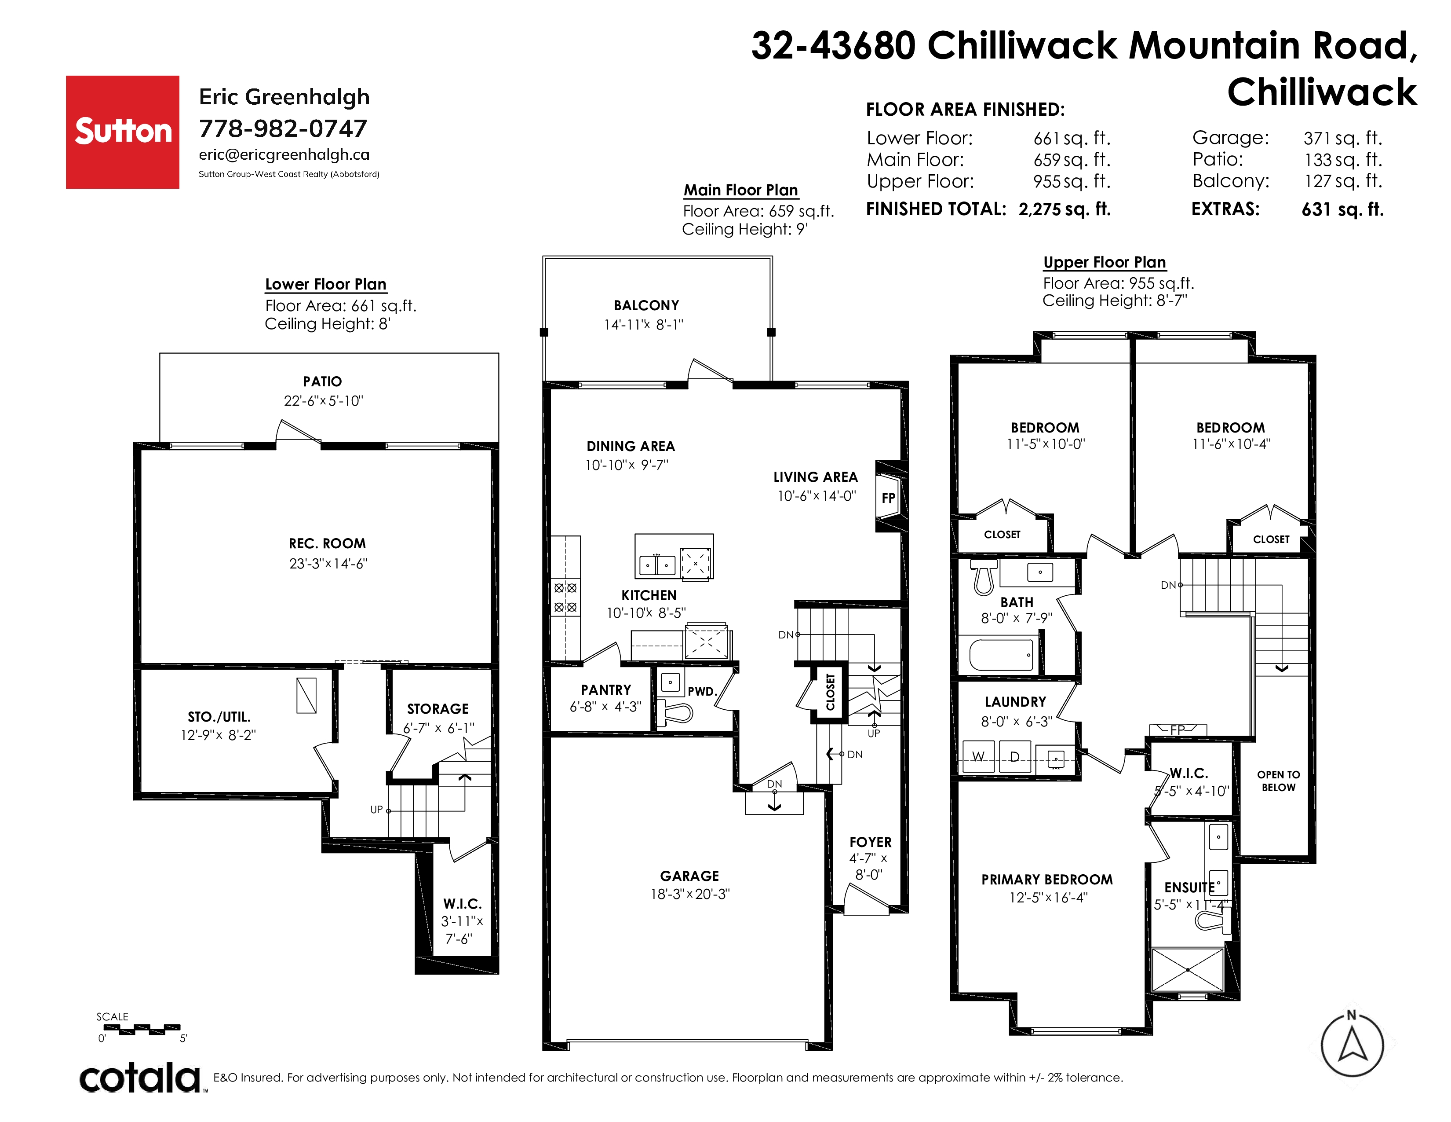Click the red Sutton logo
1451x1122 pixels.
pyautogui.click(x=122, y=132)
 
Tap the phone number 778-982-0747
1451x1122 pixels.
pyautogui.click(x=283, y=128)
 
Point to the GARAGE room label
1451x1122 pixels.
pyautogui.click(x=689, y=876)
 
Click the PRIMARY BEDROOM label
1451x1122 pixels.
pyautogui.click(x=1047, y=880)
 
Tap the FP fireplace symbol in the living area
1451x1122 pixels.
pyautogui.click(x=888, y=498)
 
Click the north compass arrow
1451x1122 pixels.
pyautogui.click(x=1352, y=1045)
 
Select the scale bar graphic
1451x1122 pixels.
pyautogui.click(x=142, y=1030)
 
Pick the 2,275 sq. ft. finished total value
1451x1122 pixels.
pyautogui.click(x=1065, y=209)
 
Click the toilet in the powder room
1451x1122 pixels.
pyautogui.click(x=675, y=714)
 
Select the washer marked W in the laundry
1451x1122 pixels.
pyautogui.click(x=978, y=757)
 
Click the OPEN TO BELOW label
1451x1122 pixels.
pyautogui.click(x=1278, y=781)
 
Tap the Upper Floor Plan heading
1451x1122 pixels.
pyautogui.click(x=1104, y=262)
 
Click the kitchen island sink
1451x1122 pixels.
pyautogui.click(x=656, y=565)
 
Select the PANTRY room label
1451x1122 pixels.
pyautogui.click(x=605, y=690)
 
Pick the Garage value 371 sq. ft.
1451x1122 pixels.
pyautogui.click(x=1343, y=138)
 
